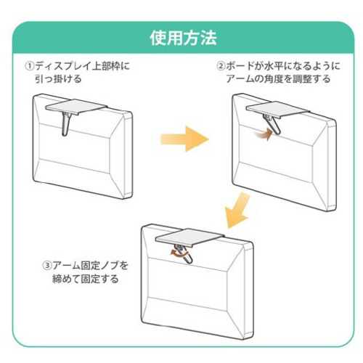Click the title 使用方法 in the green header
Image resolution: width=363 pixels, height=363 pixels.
tap(183, 38)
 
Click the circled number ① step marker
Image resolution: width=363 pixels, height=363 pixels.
tap(29, 66)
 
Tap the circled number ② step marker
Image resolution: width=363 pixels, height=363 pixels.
tap(221, 66)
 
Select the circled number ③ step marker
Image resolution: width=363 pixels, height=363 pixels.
tap(47, 266)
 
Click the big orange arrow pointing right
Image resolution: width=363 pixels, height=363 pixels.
tap(184, 139)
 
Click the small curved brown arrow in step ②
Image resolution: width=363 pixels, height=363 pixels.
tap(264, 134)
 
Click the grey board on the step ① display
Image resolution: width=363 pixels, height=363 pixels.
tap(76, 106)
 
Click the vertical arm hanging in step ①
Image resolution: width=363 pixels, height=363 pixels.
tap(65, 123)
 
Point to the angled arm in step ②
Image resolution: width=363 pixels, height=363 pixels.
tap(273, 124)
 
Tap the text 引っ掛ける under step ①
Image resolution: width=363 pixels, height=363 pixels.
tap(58, 79)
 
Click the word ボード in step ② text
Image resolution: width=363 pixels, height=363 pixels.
tap(240, 66)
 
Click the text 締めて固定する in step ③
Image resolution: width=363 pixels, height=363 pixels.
tap(86, 279)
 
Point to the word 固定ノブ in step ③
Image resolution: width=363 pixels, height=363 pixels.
tap(100, 266)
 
